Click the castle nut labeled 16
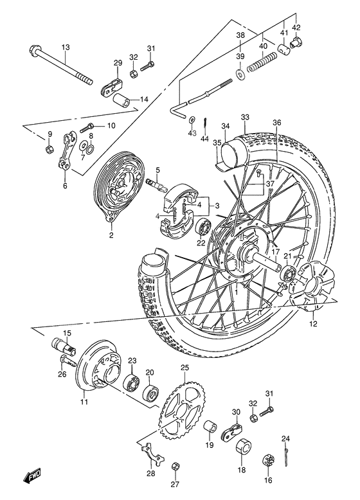(x=269, y=460)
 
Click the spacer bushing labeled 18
(x=243, y=449)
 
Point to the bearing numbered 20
(x=152, y=392)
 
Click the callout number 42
(x=296, y=28)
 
